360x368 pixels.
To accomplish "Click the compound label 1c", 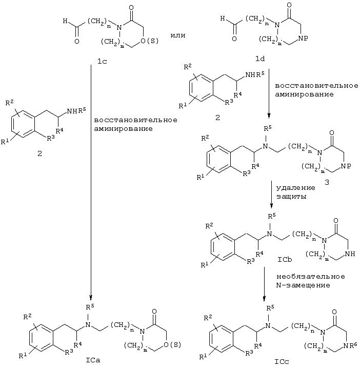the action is [x=102, y=61].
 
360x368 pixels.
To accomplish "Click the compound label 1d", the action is [x=260, y=59].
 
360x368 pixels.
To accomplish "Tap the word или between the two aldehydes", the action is [x=178, y=35].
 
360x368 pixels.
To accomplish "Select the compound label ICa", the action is [x=93, y=360].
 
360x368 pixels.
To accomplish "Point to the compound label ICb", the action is [x=285, y=260].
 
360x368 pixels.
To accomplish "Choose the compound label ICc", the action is [x=282, y=361].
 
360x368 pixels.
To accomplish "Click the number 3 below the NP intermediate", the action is [x=327, y=182].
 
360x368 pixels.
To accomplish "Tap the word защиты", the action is [x=291, y=197].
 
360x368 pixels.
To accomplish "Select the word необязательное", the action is [x=311, y=277].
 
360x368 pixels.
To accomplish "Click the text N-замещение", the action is [x=303, y=285].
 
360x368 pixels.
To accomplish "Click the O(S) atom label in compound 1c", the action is [x=149, y=41].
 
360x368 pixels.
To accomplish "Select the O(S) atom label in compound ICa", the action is [x=172, y=345].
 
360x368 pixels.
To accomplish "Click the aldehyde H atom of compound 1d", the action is [x=223, y=18].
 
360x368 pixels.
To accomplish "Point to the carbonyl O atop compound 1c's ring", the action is [x=131, y=7].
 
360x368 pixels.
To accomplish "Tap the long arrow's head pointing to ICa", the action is [x=91, y=298].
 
